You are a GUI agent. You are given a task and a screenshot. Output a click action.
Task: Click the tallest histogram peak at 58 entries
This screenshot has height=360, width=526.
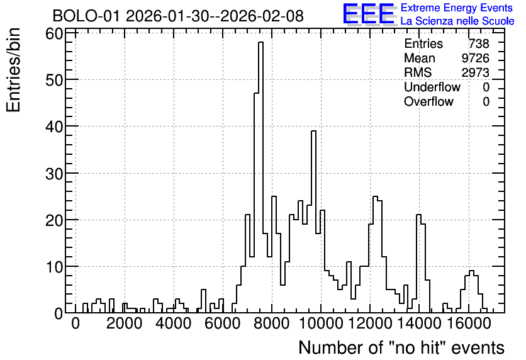click(260, 42)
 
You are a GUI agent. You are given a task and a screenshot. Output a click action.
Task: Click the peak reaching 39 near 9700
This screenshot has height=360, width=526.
click(314, 131)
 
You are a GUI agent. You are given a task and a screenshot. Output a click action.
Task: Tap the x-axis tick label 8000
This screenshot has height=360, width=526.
click(272, 323)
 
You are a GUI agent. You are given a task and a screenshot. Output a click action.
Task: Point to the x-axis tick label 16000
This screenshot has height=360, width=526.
click(469, 323)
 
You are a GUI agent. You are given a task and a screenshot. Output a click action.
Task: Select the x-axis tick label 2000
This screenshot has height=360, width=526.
click(125, 323)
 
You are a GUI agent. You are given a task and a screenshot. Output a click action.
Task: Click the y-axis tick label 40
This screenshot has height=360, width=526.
click(54, 127)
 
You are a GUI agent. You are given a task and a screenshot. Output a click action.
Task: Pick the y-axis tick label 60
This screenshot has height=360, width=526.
click(54, 33)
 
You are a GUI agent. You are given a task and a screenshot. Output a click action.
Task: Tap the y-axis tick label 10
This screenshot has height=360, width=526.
click(54, 267)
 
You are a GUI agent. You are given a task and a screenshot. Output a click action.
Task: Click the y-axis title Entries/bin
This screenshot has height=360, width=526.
click(14, 70)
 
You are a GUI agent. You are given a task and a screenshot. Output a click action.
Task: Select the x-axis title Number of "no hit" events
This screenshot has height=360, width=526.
click(401, 347)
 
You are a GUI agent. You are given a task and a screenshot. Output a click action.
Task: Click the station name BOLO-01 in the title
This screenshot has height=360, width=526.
click(86, 16)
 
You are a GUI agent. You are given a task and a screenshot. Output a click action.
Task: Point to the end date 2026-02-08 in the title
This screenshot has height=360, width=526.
click(262, 16)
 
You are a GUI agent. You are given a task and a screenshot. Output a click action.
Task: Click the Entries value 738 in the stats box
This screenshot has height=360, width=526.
click(479, 43)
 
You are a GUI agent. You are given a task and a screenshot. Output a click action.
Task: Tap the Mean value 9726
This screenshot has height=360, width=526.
click(475, 58)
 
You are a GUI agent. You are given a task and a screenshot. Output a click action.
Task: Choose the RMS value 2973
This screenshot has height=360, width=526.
click(475, 72)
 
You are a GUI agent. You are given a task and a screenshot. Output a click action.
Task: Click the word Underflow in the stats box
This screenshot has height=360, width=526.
click(432, 87)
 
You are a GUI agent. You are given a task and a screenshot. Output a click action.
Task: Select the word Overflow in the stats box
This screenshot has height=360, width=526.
click(428, 101)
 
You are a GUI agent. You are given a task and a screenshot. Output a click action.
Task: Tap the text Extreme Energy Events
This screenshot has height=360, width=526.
click(457, 8)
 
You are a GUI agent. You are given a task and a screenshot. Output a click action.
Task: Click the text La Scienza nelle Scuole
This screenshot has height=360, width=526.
click(457, 21)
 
